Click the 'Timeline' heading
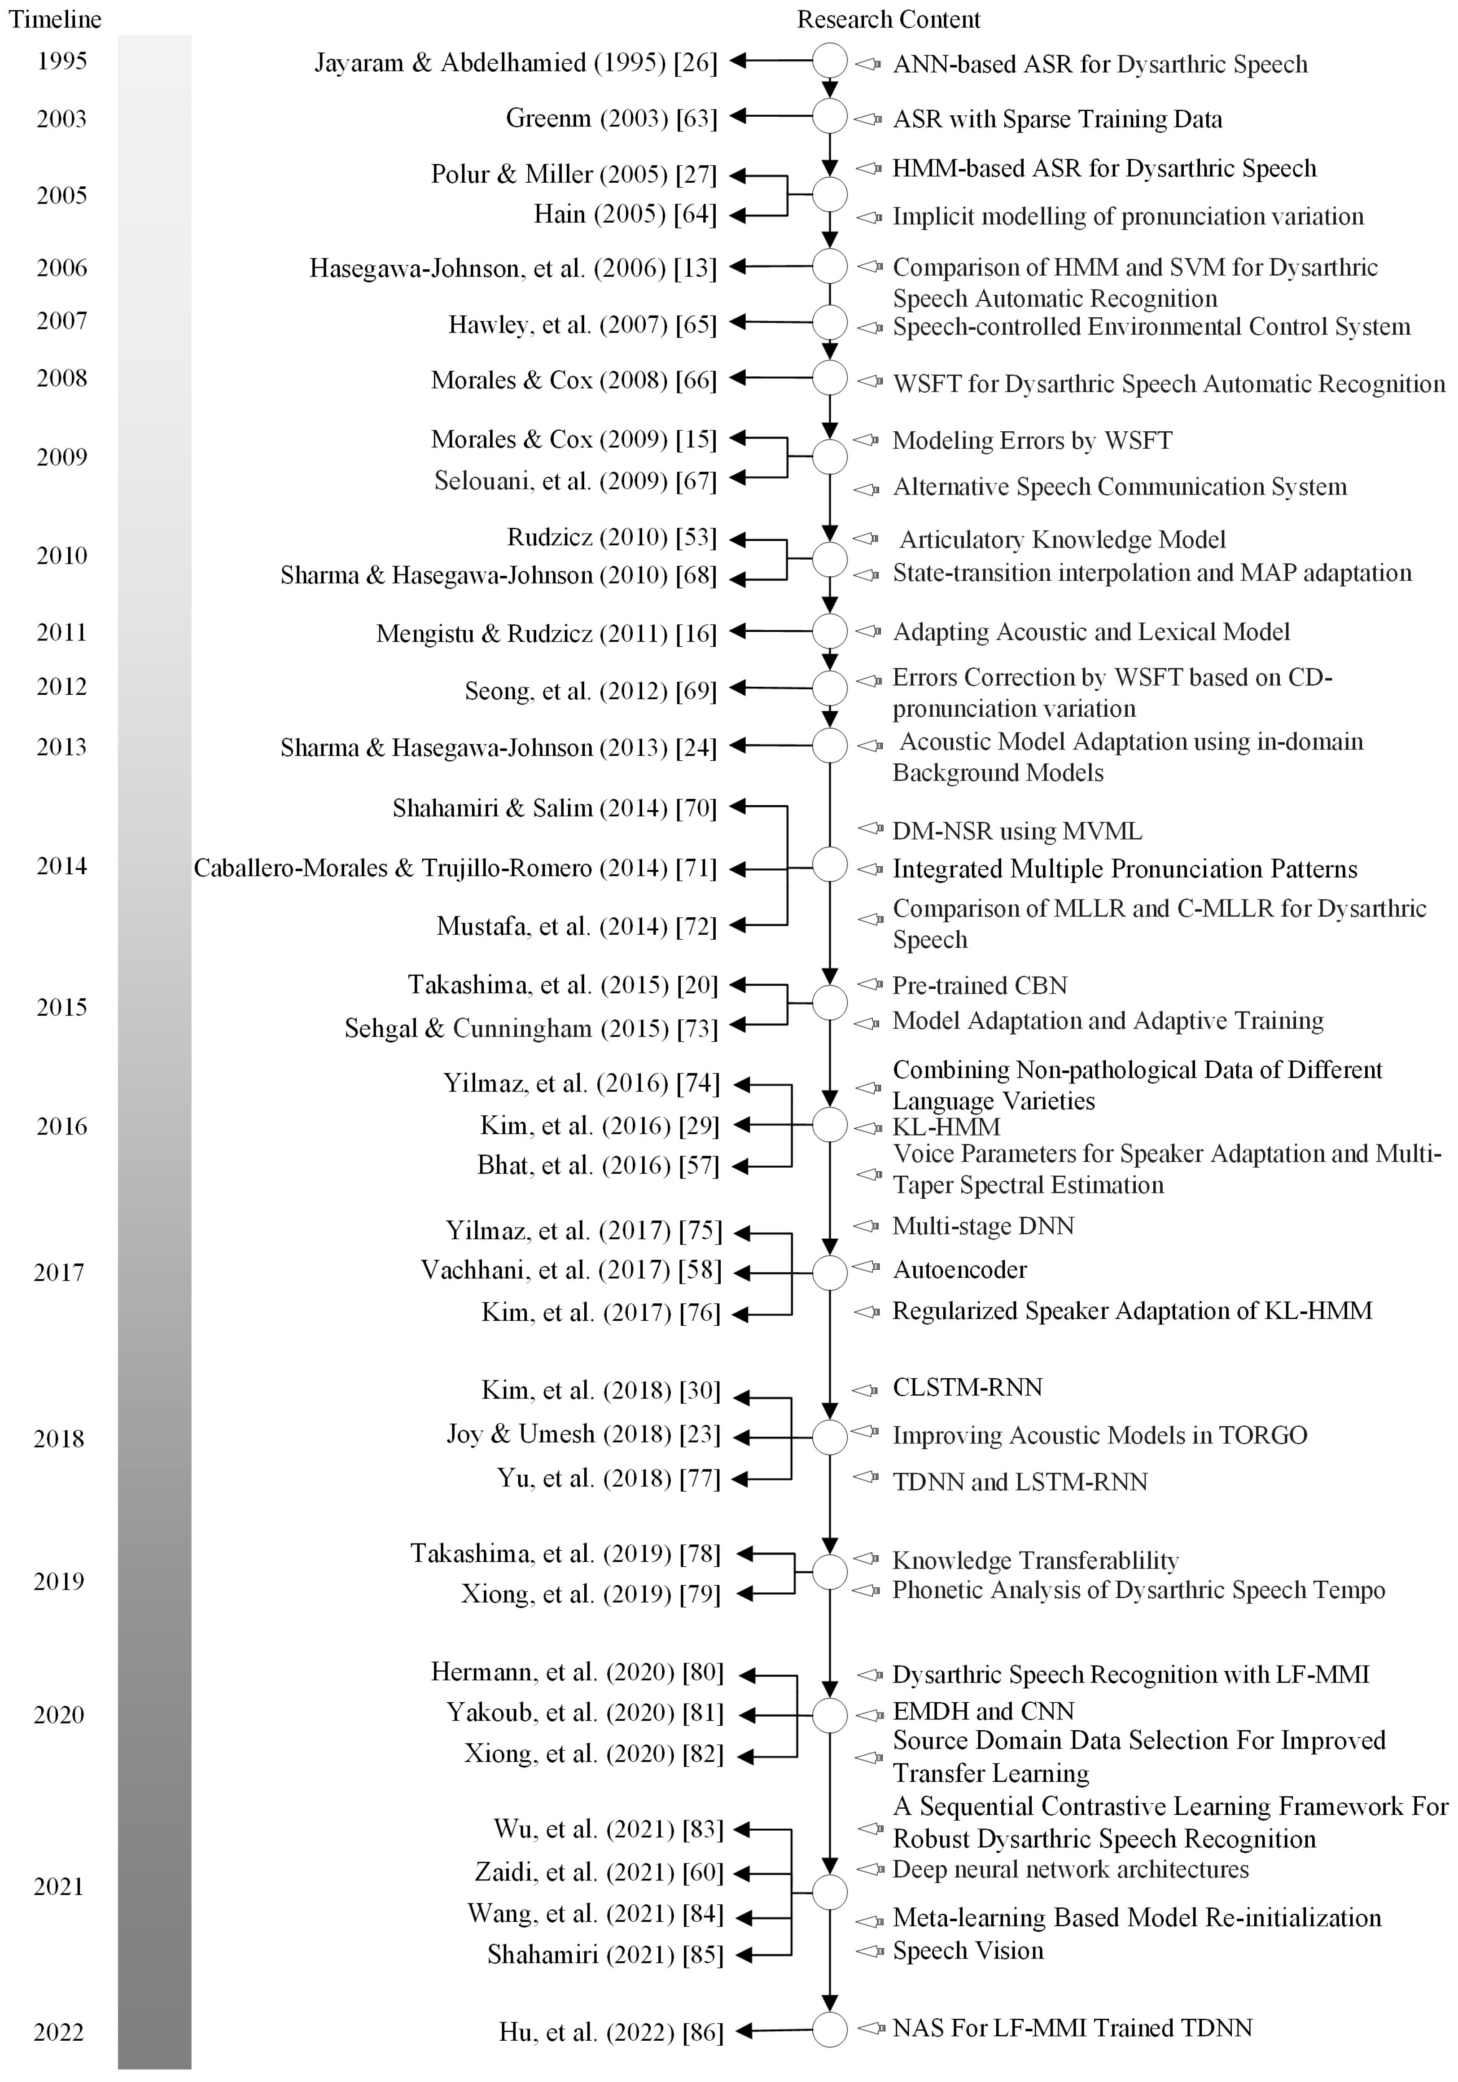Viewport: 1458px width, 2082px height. point(55,19)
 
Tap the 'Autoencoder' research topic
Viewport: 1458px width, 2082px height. point(959,1270)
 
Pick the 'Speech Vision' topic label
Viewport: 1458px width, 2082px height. point(968,1951)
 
